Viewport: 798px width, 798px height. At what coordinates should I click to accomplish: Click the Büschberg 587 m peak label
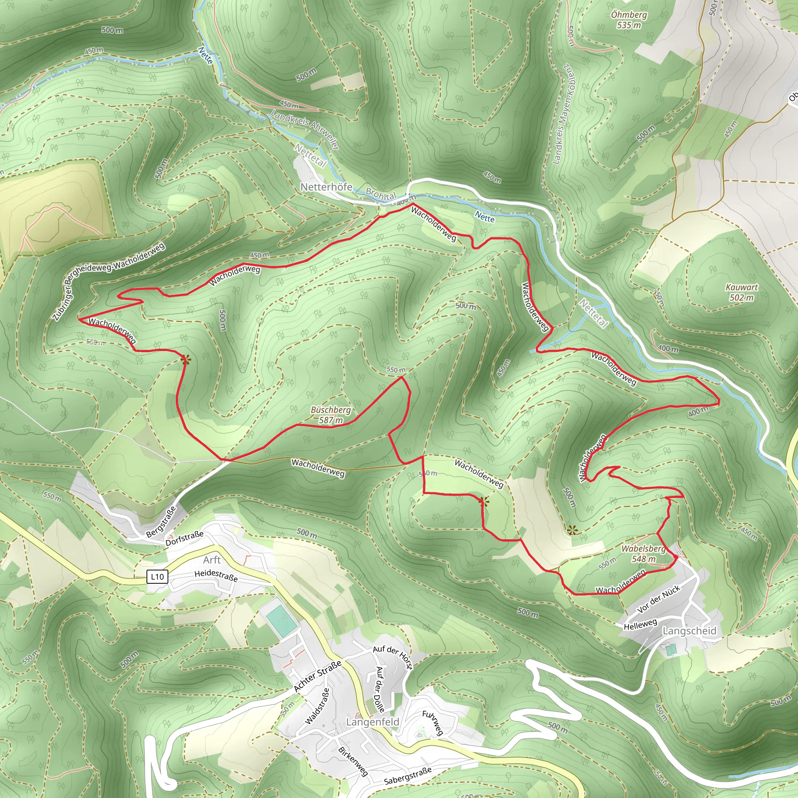(x=330, y=415)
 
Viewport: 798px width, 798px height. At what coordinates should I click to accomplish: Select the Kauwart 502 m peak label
(x=742, y=293)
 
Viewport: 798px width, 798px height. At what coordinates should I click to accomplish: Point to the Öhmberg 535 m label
(x=629, y=20)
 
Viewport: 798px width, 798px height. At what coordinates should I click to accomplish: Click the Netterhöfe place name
(x=326, y=187)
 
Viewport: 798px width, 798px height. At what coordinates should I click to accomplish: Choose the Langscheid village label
(x=689, y=631)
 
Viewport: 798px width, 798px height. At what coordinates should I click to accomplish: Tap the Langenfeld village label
(x=373, y=722)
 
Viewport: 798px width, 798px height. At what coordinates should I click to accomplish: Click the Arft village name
(x=212, y=560)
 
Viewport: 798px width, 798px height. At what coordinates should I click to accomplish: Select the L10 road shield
(x=157, y=577)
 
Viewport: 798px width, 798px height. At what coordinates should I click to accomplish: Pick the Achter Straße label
(x=318, y=676)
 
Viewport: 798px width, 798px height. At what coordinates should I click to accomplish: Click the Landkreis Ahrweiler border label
(x=305, y=130)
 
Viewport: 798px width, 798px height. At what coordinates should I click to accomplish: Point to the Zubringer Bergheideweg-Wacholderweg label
(x=109, y=281)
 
